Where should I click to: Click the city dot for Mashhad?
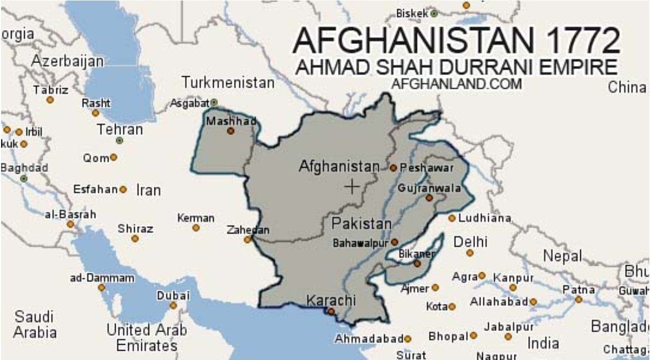point(231,131)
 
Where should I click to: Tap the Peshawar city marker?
point(393,168)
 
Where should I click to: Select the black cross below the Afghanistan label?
point(351,187)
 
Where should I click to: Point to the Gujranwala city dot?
point(429,198)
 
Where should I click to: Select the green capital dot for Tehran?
point(119,141)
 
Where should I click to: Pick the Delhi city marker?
point(470,253)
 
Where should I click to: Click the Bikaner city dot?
point(417,264)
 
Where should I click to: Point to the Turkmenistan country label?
point(228,83)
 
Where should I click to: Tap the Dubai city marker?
point(173,306)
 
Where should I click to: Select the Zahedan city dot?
point(248,239)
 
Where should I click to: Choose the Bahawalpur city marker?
point(394,242)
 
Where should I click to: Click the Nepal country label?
point(562,256)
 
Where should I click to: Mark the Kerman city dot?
point(196,227)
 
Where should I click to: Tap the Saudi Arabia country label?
point(35,324)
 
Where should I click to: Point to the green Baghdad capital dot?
point(24,179)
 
